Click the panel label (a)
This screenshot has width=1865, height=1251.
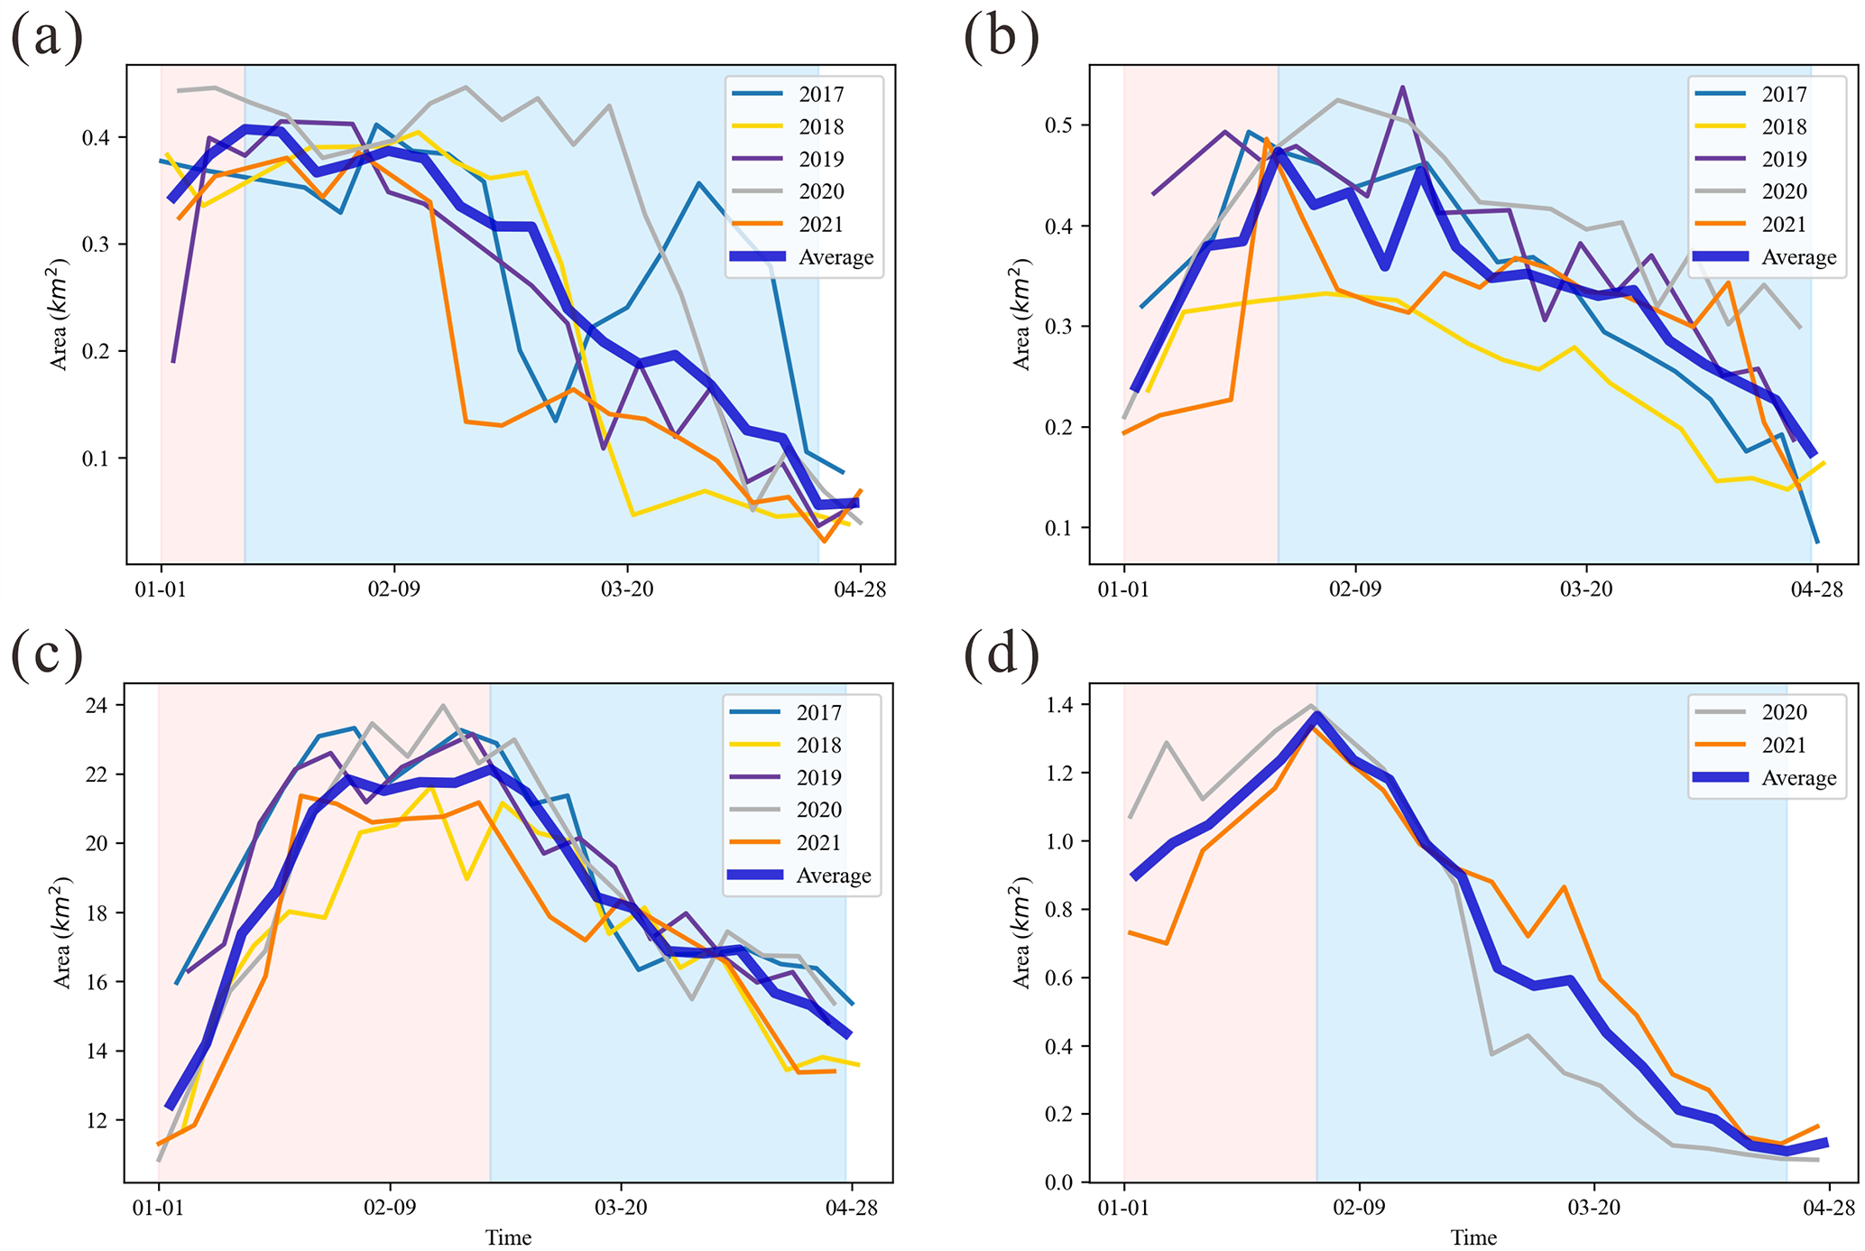(46, 38)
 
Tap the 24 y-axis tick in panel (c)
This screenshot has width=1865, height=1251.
(97, 705)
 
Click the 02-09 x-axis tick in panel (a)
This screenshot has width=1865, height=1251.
(394, 590)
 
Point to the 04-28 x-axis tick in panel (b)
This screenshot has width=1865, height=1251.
(1815, 590)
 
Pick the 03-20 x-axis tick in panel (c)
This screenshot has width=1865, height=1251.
(621, 1208)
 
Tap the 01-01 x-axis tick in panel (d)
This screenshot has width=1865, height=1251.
(1123, 1208)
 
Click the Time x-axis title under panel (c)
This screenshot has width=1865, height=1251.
(508, 1237)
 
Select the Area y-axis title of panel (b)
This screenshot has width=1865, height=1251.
(1022, 316)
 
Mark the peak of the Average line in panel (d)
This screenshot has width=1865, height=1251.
(1316, 717)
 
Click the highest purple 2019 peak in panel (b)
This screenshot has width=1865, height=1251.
(1402, 87)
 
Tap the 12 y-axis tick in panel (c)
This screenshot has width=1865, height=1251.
(97, 1120)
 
